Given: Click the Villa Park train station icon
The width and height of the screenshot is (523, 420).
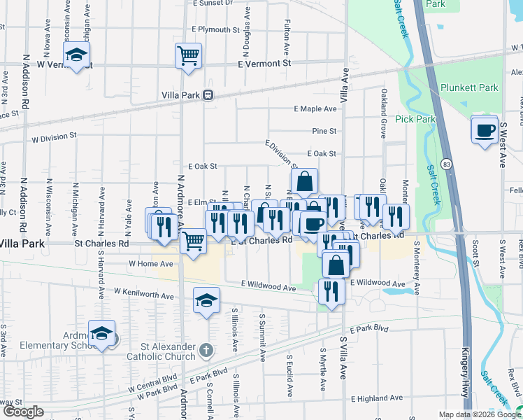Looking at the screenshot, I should pos(208,95).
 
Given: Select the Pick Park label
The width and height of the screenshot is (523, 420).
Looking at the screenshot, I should pos(415,120).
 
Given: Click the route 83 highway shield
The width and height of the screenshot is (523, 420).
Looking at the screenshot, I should pos(446,164).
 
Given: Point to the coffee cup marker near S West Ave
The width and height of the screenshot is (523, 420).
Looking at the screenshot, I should pos(484,131).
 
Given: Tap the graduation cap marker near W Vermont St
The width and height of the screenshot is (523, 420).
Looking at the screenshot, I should pos(76,55).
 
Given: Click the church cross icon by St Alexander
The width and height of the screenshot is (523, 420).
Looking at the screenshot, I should pos(206,349).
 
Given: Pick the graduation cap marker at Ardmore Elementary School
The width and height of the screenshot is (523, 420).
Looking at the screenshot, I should pos(102,334).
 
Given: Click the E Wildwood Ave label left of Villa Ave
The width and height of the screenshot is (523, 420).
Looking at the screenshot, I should pos(268,287).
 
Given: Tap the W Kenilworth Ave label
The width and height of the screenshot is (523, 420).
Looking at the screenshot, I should pos(143,293).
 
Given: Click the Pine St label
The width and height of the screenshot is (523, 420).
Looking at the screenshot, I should pos(324,131).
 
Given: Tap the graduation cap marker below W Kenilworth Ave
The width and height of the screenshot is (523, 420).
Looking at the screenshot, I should pos(206,300).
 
